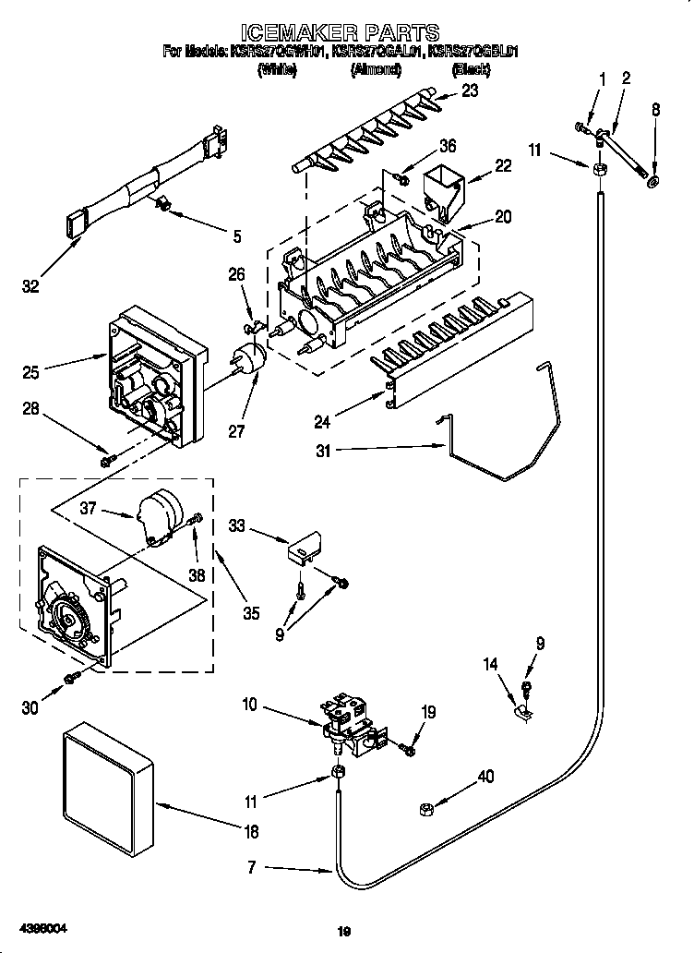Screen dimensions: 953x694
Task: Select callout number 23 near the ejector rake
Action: tap(470, 90)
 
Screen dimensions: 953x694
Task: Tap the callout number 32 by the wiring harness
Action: tap(31, 287)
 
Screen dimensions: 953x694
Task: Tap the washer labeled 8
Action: tap(654, 179)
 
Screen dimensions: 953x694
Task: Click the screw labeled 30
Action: tap(71, 680)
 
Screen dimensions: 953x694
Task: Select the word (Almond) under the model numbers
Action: tap(375, 68)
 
